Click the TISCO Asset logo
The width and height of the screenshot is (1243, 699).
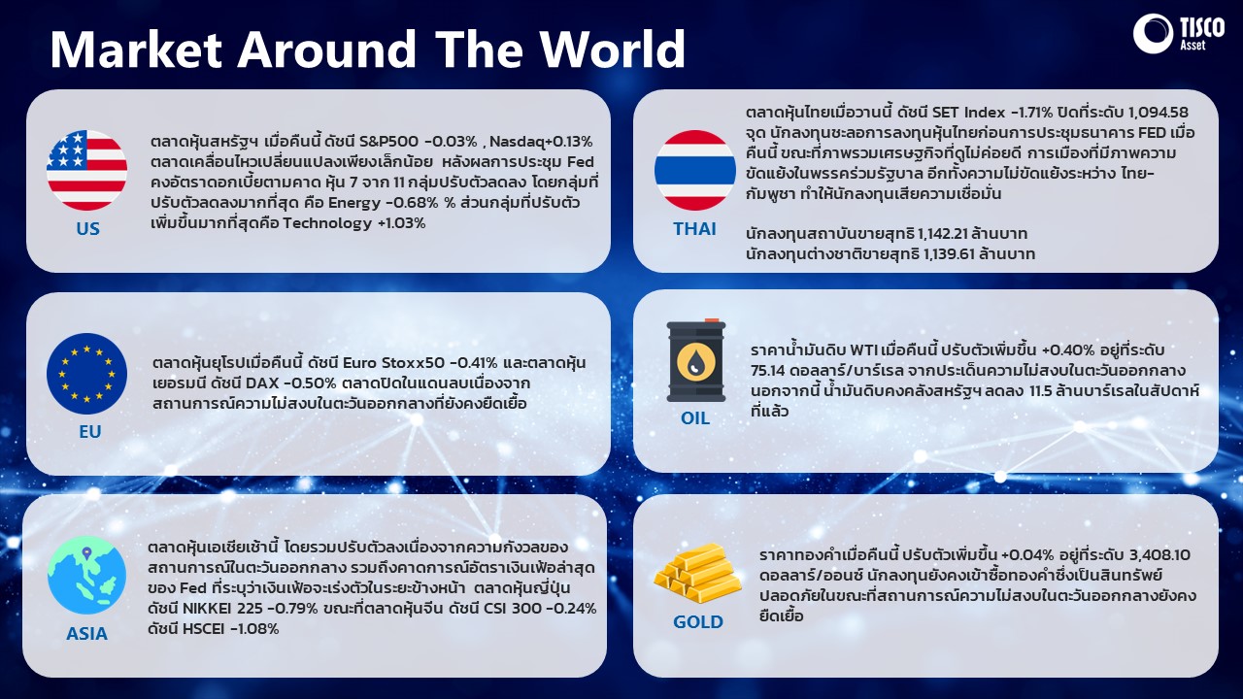click(x=1179, y=33)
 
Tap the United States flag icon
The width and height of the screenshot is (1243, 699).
click(x=86, y=170)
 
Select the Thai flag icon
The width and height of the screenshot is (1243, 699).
click(x=694, y=170)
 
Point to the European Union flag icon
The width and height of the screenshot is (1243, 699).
click(x=87, y=374)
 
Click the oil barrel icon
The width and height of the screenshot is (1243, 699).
click(x=696, y=360)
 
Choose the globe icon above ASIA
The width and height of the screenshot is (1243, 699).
click(x=86, y=575)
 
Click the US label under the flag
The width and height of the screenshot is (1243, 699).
click(x=87, y=228)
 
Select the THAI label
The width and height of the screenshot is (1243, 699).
click(x=694, y=228)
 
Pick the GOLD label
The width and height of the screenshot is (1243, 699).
click(x=698, y=622)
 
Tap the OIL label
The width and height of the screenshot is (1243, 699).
click(x=695, y=418)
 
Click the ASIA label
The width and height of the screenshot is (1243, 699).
click(x=86, y=634)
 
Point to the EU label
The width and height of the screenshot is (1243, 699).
click(x=90, y=432)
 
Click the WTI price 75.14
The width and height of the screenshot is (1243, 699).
click(x=768, y=370)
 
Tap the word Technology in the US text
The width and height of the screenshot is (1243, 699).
click(x=327, y=223)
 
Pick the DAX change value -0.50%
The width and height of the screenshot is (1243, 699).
click(x=310, y=383)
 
